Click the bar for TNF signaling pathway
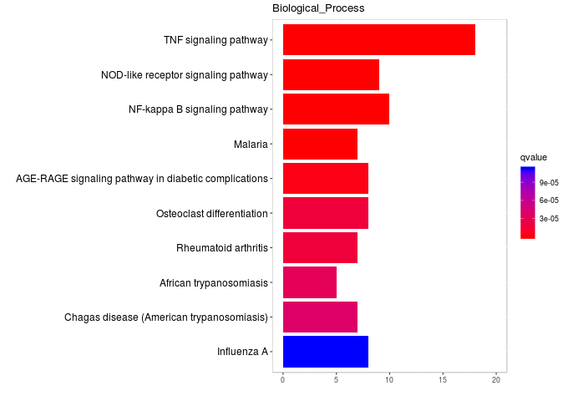pos(378,40)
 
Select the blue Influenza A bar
pos(325,352)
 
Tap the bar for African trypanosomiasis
pos(309,282)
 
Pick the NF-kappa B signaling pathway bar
pos(336,109)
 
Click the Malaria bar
pos(320,144)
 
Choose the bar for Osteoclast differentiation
pos(325,213)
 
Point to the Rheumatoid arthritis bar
pos(320,248)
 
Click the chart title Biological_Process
pos(318,8)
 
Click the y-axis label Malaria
pos(251,145)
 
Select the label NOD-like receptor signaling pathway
pos(184,75)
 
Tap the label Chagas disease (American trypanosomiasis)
pos(165,317)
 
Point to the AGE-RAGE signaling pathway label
pos(141,179)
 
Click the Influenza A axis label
pos(242,352)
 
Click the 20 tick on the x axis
pos(496,381)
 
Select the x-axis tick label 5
pos(337,381)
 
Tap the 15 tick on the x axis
pos(443,381)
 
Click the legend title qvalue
pos(533,157)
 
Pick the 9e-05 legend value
pos(549,182)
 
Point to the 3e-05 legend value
pos(549,219)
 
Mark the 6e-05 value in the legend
pos(549,200)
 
